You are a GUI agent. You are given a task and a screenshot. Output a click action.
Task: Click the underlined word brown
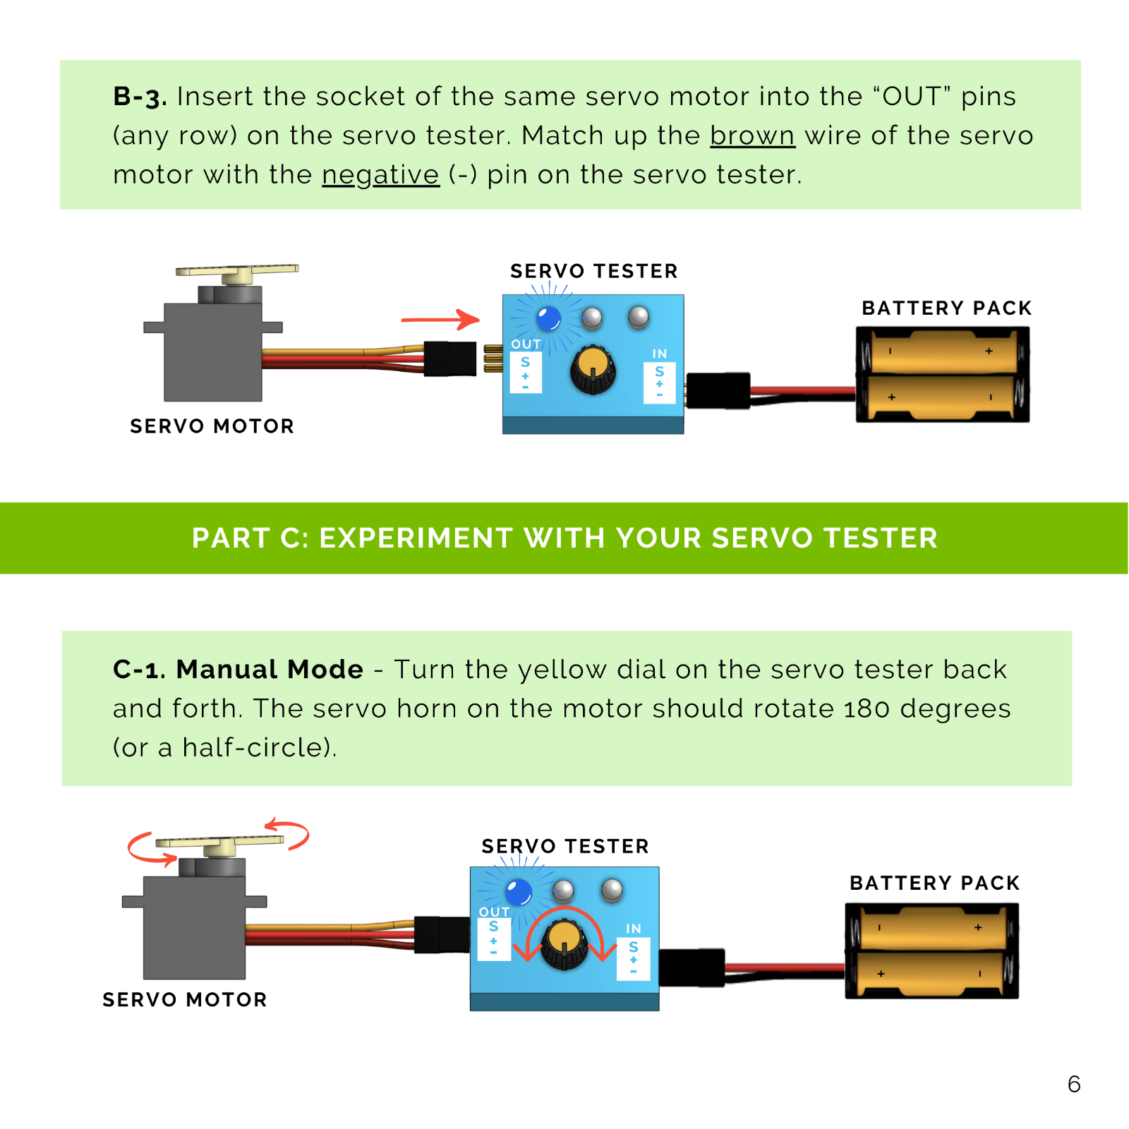752,135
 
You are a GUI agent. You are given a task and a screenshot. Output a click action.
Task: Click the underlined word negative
380,175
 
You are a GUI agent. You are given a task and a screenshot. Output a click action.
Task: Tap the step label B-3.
140,97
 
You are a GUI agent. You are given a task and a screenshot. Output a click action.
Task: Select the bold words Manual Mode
270,670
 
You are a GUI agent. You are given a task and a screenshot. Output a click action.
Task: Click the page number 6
1074,1084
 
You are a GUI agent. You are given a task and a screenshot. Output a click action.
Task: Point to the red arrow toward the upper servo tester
440,320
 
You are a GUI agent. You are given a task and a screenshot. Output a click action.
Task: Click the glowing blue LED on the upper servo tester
548,318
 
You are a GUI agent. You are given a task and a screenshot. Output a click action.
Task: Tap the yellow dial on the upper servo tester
593,368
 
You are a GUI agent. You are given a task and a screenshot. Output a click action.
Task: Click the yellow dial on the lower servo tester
564,943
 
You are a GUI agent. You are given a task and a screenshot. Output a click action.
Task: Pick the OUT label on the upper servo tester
526,344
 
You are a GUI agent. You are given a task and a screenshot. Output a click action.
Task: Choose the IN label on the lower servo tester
634,929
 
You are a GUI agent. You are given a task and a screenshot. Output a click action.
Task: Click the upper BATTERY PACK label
946,308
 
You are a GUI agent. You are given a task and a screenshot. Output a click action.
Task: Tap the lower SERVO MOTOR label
185,1000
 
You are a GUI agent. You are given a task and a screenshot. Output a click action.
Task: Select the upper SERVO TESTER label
593,272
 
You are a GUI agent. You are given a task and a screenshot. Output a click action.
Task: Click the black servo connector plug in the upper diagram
450,358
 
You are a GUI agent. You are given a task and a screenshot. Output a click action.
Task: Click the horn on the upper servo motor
237,270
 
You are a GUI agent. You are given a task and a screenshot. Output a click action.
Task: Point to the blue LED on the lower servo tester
519,893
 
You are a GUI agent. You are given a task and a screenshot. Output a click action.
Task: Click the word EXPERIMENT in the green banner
416,538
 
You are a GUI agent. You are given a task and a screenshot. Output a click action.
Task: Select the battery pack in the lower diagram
931,950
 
